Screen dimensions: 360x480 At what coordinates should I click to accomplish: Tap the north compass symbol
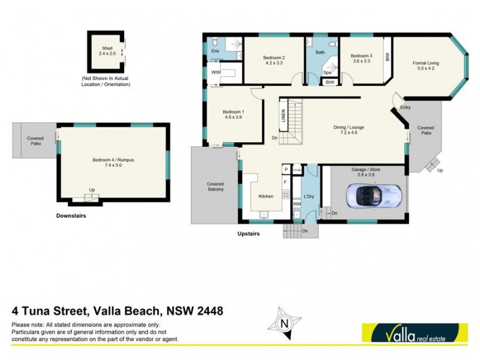tap(285, 322)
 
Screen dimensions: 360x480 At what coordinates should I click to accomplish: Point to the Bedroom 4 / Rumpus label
tap(112, 163)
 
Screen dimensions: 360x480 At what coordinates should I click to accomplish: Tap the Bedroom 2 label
tap(274, 61)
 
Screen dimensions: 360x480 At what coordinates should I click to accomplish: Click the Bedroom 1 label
tap(233, 115)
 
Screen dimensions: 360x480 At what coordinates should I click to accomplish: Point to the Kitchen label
tap(266, 196)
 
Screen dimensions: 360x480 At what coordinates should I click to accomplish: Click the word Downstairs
tap(71, 215)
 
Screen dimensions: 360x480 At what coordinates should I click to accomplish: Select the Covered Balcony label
tap(215, 187)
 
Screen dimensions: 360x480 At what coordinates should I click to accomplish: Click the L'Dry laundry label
tap(310, 196)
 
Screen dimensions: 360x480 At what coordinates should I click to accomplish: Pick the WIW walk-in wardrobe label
tap(215, 72)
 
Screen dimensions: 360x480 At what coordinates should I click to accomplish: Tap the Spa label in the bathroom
tap(328, 72)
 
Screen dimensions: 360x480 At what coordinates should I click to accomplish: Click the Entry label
tap(406, 107)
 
